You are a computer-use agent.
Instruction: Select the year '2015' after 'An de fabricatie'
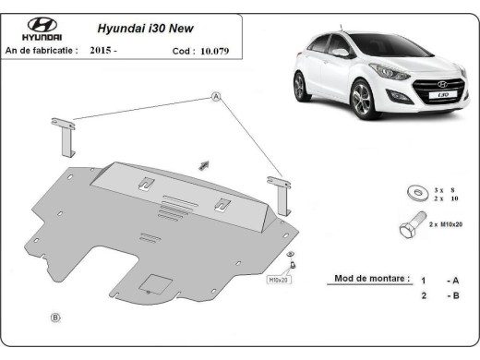(x=103, y=51)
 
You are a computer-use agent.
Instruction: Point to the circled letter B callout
(x=55, y=318)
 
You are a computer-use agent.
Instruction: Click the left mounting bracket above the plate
(x=63, y=138)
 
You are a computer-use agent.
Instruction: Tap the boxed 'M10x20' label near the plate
(x=278, y=278)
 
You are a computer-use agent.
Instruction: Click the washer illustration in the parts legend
(x=415, y=192)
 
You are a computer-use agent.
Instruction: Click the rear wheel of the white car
(x=300, y=88)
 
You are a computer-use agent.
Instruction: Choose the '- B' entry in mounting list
(x=451, y=295)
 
